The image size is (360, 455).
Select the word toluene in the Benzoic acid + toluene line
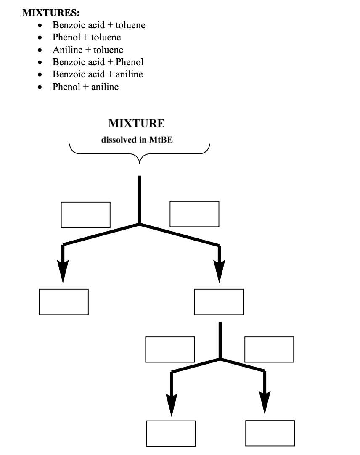point(130,25)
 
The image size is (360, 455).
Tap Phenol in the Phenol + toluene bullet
point(66,37)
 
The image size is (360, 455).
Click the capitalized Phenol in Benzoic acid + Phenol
point(130,62)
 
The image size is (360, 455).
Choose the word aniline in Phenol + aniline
point(105,87)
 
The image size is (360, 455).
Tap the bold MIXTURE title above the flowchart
point(137,123)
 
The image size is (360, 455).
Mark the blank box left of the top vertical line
point(86,214)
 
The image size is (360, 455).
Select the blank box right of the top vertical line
point(194,214)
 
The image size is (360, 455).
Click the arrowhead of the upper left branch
point(63,271)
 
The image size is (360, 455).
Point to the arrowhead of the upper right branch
point(219,271)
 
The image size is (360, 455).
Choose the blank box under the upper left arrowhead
point(64,302)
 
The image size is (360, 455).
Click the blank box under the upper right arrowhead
point(219,302)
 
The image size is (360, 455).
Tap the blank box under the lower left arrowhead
point(171,433)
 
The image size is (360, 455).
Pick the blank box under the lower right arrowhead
point(270,433)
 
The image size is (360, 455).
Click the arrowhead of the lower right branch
point(264,402)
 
